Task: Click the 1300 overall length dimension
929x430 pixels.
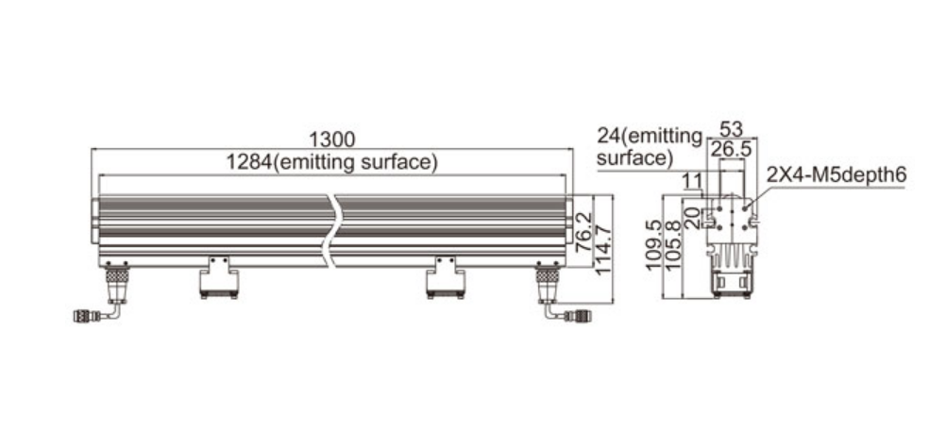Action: pos(332,140)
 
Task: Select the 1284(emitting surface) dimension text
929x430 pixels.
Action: pos(332,162)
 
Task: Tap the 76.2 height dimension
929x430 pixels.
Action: pos(584,233)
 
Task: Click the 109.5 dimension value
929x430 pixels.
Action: pos(653,245)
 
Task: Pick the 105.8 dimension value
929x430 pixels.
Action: pos(673,245)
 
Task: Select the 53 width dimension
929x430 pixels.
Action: pos(731,129)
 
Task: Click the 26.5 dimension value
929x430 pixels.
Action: pos(731,150)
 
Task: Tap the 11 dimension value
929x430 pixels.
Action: pos(691,181)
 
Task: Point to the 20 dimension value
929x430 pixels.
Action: pos(692,218)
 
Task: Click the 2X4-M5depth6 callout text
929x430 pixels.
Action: pos(836,175)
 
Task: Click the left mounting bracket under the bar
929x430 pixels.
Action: pos(219,277)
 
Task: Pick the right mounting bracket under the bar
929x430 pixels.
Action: pos(445,277)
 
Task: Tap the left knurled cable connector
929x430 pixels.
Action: pos(117,275)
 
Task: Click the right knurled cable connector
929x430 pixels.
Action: pos(548,275)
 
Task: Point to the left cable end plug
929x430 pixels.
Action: pos(83,316)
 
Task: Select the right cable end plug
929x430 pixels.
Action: pos(577,316)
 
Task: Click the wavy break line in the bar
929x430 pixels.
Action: pos(331,231)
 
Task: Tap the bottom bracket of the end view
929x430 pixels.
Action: pos(732,283)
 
